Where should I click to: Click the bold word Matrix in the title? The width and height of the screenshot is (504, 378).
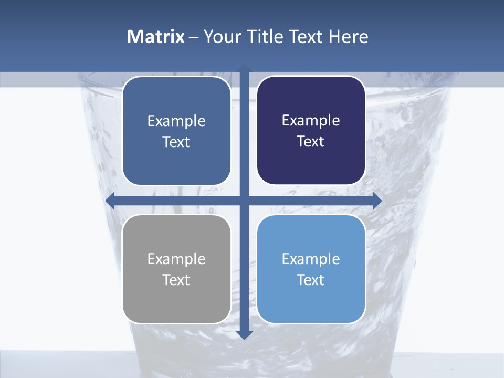[156, 37]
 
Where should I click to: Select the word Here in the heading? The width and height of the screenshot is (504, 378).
[348, 37]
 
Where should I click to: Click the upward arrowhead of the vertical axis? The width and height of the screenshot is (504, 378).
[244, 68]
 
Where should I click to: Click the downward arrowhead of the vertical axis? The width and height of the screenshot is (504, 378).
[244, 334]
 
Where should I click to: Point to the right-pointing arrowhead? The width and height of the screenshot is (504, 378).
[377, 201]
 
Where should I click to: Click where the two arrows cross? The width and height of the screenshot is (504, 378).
[244, 201]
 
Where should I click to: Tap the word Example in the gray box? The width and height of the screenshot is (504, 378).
[176, 259]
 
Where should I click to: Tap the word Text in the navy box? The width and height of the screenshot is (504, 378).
[311, 142]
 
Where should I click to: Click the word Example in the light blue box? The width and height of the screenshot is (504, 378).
[311, 259]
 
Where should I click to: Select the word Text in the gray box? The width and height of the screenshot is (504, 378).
[176, 280]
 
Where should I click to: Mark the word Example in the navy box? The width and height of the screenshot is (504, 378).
[311, 121]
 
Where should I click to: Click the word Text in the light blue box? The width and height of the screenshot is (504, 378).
[311, 280]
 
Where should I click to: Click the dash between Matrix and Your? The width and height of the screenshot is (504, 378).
[194, 37]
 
